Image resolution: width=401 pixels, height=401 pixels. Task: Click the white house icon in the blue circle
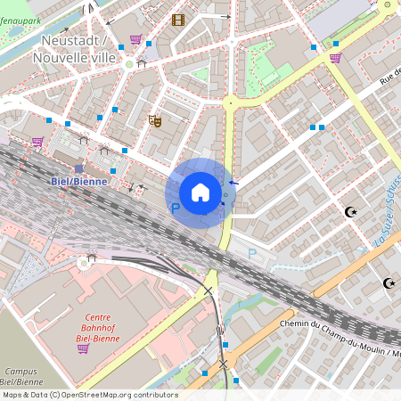tap(200, 192)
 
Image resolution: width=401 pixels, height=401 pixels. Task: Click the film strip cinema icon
tap(178, 20)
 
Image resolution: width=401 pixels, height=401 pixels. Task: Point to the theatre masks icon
tap(155, 119)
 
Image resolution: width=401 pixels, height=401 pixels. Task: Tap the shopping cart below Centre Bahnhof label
tap(83, 348)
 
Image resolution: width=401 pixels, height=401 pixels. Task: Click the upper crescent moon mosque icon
tap(350, 212)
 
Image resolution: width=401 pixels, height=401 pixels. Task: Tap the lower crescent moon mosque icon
tap(389, 283)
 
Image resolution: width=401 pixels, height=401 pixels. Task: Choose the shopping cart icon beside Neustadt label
tap(135, 39)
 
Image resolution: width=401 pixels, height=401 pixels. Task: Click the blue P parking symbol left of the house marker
tap(176, 208)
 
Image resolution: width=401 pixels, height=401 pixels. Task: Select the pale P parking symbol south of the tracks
tap(251, 253)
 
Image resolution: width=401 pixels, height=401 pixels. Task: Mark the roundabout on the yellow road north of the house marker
tap(230, 102)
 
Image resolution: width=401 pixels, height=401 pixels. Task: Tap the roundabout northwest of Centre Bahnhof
tap(87, 261)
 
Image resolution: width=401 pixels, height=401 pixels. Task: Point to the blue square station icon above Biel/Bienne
tap(78, 168)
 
